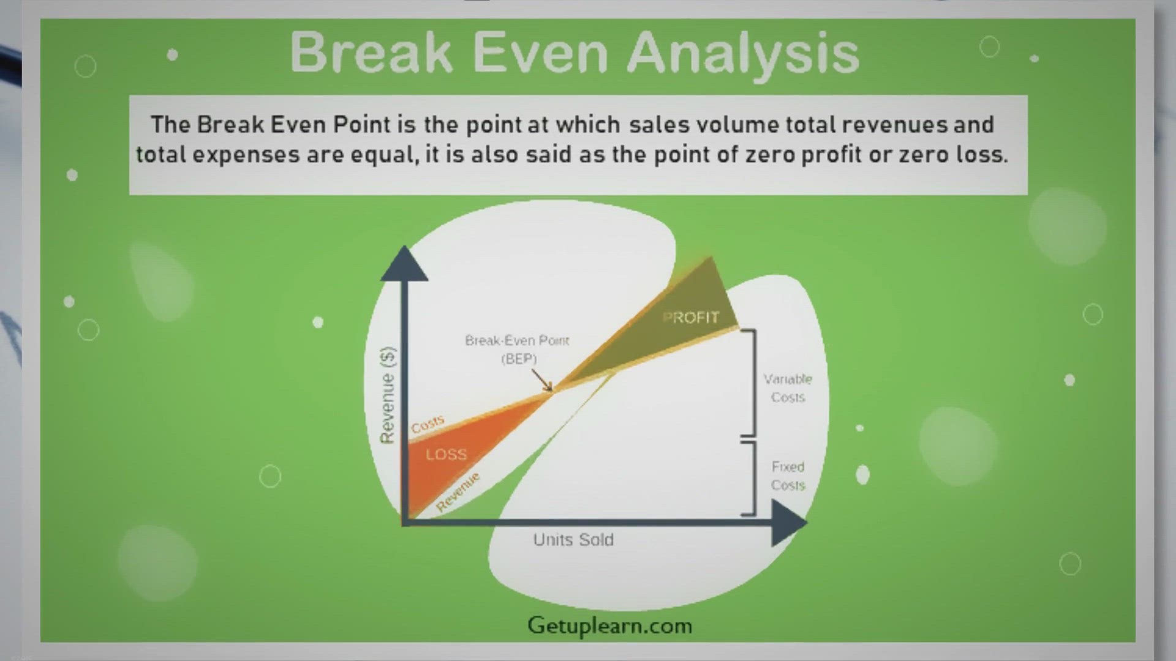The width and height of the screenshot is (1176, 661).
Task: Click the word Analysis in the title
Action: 744,54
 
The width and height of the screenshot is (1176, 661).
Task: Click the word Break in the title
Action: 371,52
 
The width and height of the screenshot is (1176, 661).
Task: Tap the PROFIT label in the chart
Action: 691,317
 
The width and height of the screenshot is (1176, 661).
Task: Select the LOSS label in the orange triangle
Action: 447,454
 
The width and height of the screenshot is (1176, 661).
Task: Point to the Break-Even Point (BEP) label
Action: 518,349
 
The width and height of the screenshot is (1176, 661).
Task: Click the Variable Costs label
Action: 788,388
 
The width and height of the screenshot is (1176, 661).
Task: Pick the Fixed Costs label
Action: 788,476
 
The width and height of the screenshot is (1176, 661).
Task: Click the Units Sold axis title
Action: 573,540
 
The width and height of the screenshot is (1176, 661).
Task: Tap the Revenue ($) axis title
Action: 388,395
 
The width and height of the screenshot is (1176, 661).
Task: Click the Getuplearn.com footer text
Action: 610,626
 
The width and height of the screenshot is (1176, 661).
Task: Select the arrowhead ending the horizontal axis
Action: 789,523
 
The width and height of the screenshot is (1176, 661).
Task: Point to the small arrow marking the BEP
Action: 542,380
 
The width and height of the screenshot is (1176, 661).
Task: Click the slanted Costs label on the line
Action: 428,424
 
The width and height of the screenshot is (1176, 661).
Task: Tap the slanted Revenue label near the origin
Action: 458,492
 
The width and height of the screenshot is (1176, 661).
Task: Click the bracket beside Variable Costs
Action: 749,383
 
